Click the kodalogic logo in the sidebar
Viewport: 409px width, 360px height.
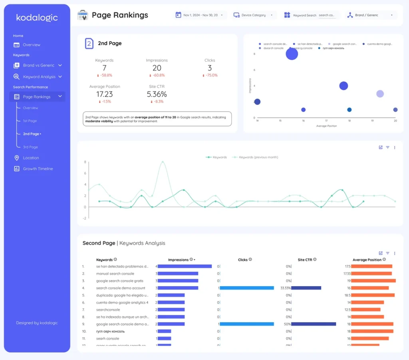coord(37,18)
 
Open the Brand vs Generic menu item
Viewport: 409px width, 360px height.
coord(38,65)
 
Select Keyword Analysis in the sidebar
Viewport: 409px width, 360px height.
coord(39,77)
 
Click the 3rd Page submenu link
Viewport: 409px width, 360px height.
coord(30,147)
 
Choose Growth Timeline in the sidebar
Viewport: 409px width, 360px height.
coord(38,169)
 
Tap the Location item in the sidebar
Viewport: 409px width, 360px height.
coord(31,158)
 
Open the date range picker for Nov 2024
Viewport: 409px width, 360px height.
coord(201,15)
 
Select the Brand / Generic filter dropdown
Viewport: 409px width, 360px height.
coord(369,15)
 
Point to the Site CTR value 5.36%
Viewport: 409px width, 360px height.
coord(157,94)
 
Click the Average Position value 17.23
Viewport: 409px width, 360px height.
coord(105,94)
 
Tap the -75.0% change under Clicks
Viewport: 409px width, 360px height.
coord(210,75)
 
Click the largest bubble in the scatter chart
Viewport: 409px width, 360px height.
coord(292,53)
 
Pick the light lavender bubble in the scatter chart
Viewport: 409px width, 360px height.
coord(380,94)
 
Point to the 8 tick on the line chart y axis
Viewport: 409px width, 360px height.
coord(85,162)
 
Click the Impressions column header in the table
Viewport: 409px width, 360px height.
coord(178,260)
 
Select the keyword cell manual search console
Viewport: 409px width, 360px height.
coord(115,274)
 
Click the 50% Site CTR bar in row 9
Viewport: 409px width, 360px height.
coord(314,324)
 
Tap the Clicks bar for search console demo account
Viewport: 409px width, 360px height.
coord(246,288)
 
